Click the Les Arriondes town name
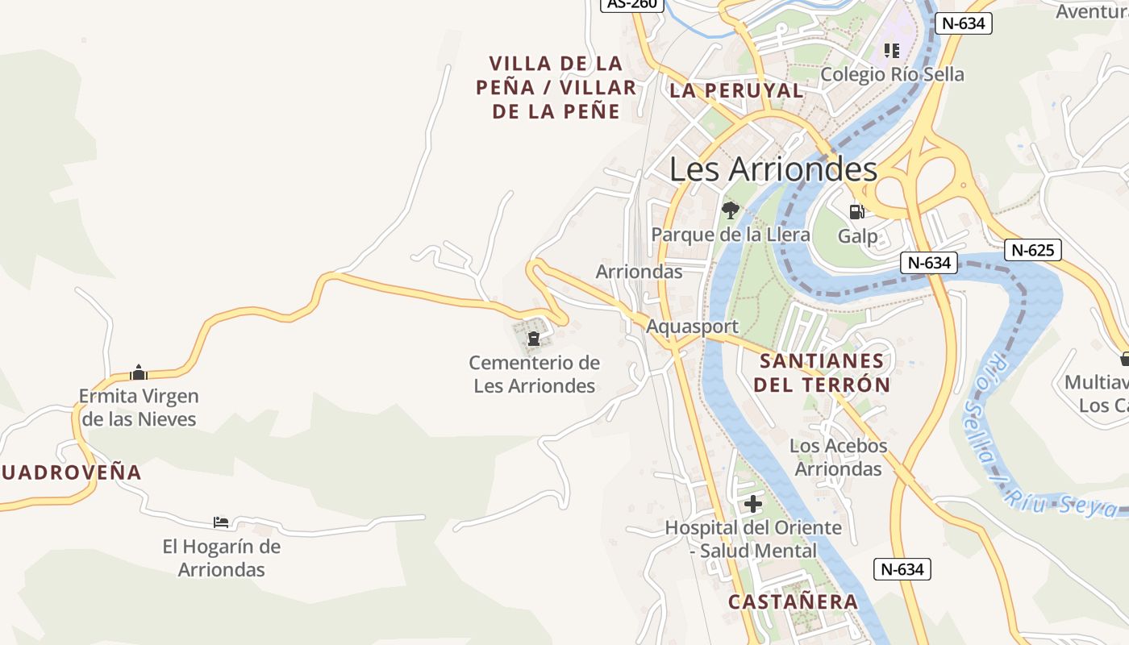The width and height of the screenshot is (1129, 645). coord(773,169)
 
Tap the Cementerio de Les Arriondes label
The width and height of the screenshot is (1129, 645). coord(535,374)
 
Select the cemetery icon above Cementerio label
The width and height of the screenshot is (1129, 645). coord(533,338)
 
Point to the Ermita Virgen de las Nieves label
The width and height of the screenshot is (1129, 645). coord(139,407)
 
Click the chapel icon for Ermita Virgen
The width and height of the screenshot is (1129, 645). coord(139,372)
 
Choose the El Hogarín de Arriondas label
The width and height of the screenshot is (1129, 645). coord(222,558)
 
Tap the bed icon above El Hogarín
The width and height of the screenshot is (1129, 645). coord(221,522)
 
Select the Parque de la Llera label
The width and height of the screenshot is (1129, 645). coord(731,235)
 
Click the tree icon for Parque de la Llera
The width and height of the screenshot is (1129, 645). coord(731,211)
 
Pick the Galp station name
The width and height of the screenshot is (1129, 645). coord(857,236)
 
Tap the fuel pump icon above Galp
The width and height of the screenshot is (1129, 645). coord(856,212)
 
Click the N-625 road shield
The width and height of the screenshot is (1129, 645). coord(1033,250)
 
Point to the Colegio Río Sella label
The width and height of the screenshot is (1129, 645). coord(892,74)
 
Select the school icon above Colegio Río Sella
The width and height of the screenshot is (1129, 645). coord(891,51)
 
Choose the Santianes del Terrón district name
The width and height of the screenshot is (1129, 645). coord(822,372)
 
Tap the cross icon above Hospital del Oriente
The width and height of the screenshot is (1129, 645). coord(753,505)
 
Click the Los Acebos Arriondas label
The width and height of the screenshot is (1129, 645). coord(839,457)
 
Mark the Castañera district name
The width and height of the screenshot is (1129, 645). coord(793,601)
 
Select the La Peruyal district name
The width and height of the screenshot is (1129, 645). coord(736,90)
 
